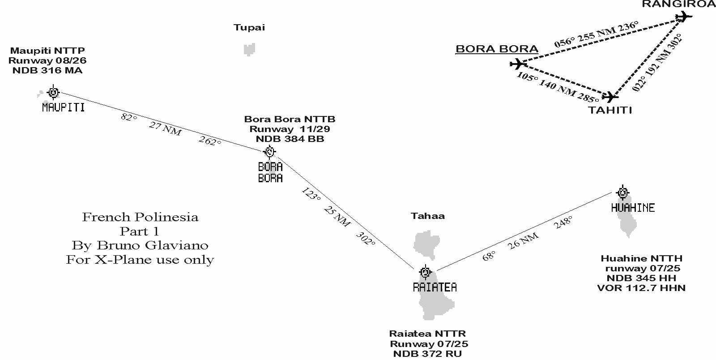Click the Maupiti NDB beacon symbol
53,92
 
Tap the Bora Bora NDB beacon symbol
269,152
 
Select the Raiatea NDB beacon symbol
425,272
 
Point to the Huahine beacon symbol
622,193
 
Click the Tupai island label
249,28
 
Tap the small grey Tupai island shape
249,49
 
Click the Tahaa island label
428,216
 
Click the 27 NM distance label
165,129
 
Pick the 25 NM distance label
337,216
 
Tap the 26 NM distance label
523,241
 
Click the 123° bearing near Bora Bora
311,194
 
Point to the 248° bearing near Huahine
563,222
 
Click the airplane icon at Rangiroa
683,17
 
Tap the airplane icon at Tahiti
610,96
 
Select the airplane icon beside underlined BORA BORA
518,64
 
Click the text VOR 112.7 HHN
641,288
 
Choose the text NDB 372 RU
427,354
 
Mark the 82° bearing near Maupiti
128,117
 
